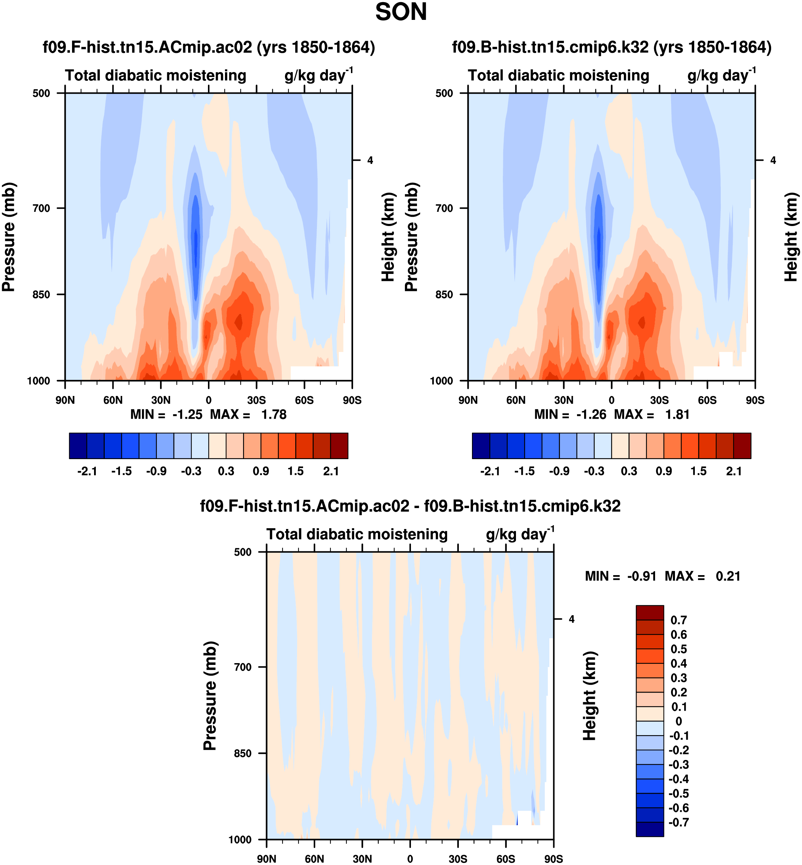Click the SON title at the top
pos(401,12)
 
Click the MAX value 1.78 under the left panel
pos(273,415)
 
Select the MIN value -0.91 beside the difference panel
pos(641,577)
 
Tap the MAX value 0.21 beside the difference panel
pos(728,577)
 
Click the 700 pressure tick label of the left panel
pos(42,209)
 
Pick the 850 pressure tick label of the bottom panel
pos(243,754)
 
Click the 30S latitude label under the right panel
pos(659,400)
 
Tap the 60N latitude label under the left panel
pos(113,400)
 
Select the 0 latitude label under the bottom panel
pos(410,859)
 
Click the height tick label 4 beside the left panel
pos(370,160)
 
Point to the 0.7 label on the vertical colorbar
pos(678,620)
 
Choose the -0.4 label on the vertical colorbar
pos(678,779)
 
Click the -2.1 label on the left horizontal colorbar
pos(87,472)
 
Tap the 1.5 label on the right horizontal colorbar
pos(698,472)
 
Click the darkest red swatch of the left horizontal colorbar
pos(339,446)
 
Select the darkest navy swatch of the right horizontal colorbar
pos(481,446)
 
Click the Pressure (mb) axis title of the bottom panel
pos(210,696)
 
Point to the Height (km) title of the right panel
pos(791,237)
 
